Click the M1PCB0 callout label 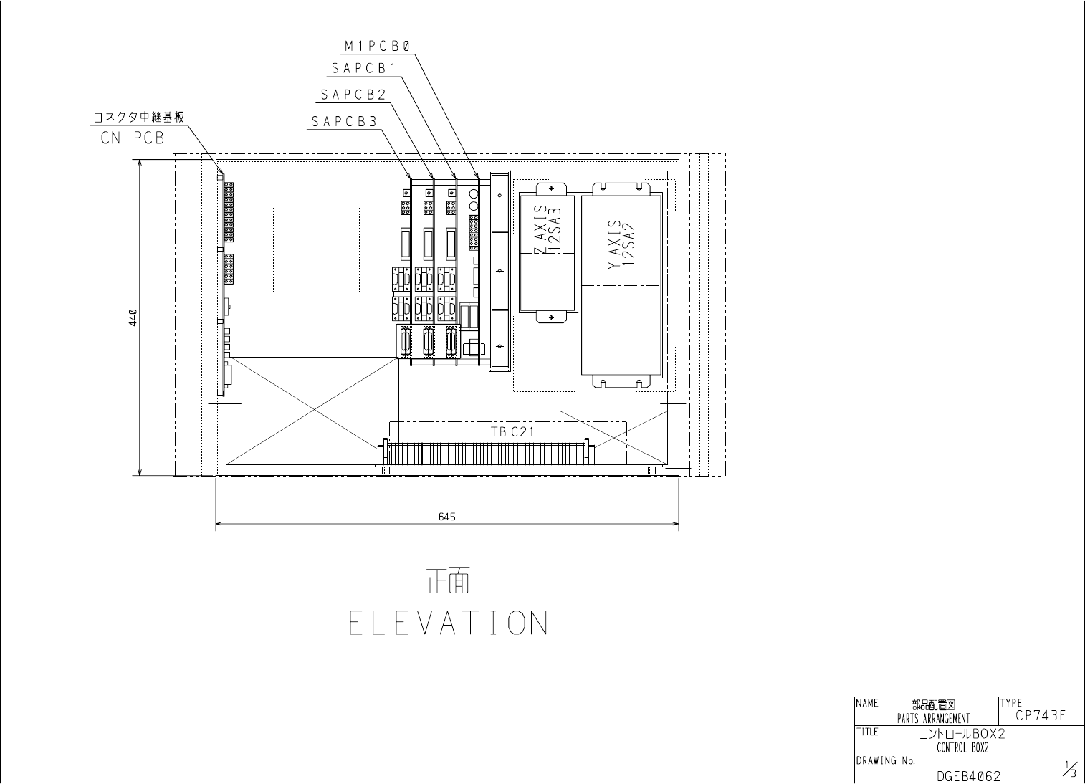click(378, 46)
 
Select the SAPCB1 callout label click(364, 69)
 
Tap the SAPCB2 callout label click(353, 95)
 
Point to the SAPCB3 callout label click(344, 121)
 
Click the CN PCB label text click(133, 138)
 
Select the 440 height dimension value click(133, 317)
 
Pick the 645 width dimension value click(446, 517)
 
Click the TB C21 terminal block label click(512, 431)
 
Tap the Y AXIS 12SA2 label click(621, 244)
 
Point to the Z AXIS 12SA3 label click(548, 230)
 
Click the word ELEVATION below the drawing click(449, 622)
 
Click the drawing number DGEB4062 click(968, 776)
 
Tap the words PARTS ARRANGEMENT click(933, 719)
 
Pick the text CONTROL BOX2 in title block click(962, 747)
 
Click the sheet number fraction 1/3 click(1069, 768)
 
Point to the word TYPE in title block click(1011, 702)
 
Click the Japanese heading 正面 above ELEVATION click(448, 580)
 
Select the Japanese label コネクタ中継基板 click(138, 117)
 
